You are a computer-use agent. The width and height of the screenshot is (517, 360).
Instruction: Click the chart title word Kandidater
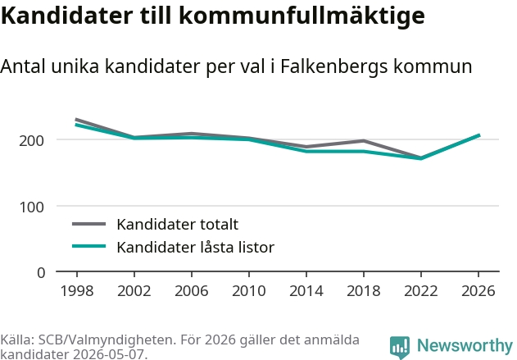pyautogui.click(x=66, y=16)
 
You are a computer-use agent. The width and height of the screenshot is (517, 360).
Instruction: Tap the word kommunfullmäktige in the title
pyautogui.click(x=302, y=16)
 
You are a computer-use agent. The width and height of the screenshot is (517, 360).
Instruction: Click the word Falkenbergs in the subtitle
pyautogui.click(x=333, y=66)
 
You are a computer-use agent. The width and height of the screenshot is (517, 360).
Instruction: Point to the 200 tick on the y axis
pyautogui.click(x=31, y=141)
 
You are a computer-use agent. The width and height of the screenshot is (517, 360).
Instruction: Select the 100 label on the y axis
pyautogui.click(x=32, y=207)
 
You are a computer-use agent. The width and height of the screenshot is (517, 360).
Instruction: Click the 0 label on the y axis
pyautogui.click(x=41, y=273)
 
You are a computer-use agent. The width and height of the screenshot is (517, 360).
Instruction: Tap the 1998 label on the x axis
pyautogui.click(x=77, y=291)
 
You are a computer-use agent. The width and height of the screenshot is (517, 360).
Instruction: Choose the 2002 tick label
pyautogui.click(x=134, y=291)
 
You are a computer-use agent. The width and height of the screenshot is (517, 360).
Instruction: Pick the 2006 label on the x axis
pyautogui.click(x=192, y=291)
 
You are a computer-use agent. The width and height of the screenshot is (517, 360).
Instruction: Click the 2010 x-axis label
pyautogui.click(x=249, y=291)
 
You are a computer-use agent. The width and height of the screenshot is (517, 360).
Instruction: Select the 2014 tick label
pyautogui.click(x=306, y=291)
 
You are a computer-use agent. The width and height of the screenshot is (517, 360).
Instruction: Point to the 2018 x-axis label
pyautogui.click(x=364, y=291)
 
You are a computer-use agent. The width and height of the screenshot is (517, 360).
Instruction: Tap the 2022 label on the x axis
pyautogui.click(x=421, y=291)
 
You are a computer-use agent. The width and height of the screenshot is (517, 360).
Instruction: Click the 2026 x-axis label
pyautogui.click(x=478, y=291)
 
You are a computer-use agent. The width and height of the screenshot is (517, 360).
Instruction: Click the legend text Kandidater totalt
pyautogui.click(x=178, y=225)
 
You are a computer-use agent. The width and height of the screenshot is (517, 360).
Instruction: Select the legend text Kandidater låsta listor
pyautogui.click(x=196, y=247)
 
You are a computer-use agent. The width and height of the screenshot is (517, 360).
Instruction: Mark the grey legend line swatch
pyautogui.click(x=89, y=224)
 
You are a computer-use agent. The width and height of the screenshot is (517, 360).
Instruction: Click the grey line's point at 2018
pyautogui.click(x=364, y=141)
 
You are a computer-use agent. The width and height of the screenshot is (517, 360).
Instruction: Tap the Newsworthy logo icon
pyautogui.click(x=400, y=347)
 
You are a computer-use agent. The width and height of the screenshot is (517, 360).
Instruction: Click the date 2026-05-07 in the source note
pyautogui.click(x=109, y=354)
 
